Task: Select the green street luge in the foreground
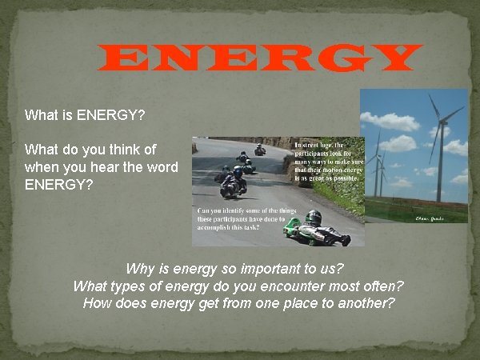316,233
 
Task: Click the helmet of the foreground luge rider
314,217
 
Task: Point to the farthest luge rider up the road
260,150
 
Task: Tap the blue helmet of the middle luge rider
237,171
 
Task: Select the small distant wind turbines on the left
378,168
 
